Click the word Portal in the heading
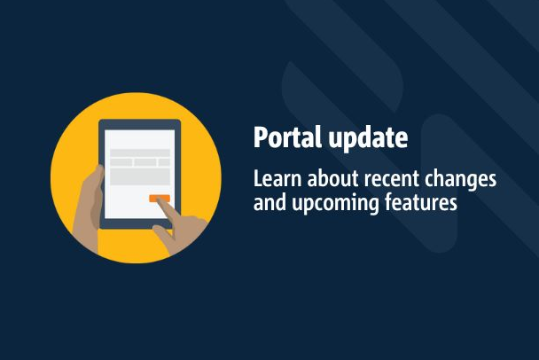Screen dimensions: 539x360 (x=287, y=137)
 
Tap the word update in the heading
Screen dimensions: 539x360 (x=368, y=138)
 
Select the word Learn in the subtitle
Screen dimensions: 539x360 (x=277, y=178)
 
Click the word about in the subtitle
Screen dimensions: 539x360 (x=333, y=178)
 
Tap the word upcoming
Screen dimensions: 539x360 (x=335, y=203)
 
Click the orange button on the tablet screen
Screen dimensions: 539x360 (x=160, y=199)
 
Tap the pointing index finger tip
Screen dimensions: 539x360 (x=160, y=201)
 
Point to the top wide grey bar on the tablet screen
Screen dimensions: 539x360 (x=140, y=153)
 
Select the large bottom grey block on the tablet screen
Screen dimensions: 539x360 (x=140, y=176)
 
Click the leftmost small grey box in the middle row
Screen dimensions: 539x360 (x=121, y=162)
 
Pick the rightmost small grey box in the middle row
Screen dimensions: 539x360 (x=164, y=162)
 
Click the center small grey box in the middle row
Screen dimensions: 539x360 (x=145, y=162)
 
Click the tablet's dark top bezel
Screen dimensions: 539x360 (x=139, y=124)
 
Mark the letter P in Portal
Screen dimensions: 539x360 (x=260, y=137)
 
